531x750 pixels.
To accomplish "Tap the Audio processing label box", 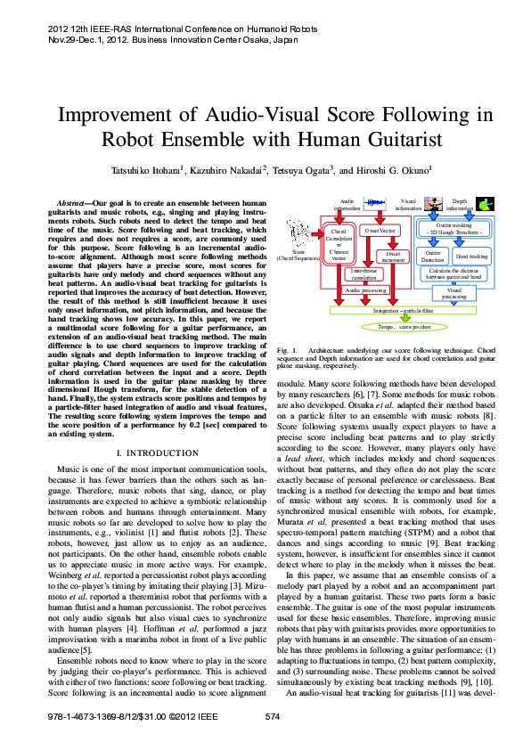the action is click(x=365, y=290).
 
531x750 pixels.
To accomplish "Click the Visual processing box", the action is click(x=454, y=291).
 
